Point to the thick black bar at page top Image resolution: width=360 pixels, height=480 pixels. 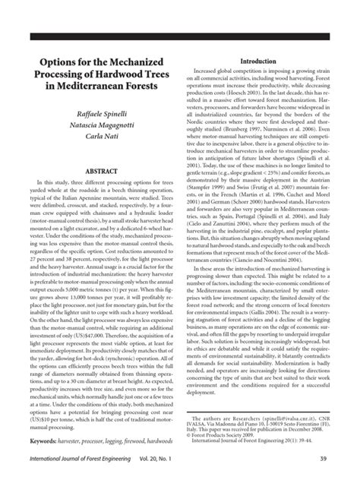[180, 36]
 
